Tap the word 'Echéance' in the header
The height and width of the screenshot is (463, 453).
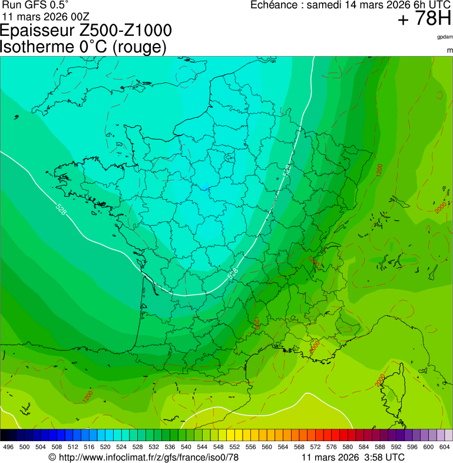(274, 5)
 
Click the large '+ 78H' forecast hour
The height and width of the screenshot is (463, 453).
(424, 19)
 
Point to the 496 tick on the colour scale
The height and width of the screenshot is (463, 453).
(8, 447)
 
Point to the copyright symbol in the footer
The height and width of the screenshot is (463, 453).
(52, 457)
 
